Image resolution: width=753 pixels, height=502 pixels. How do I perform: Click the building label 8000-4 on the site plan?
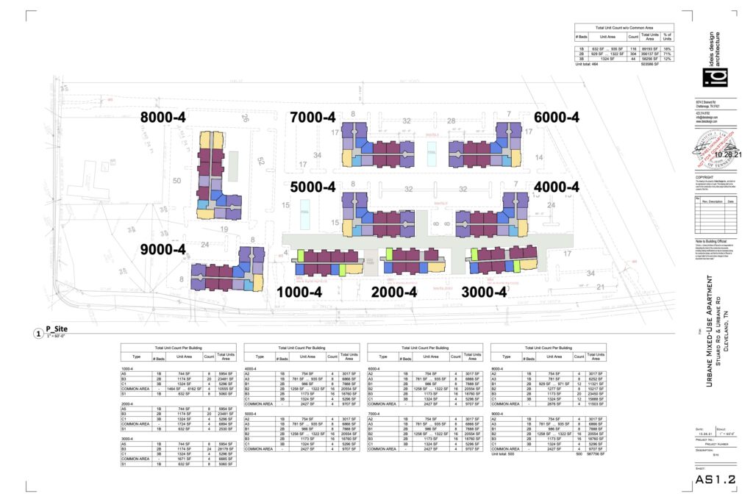[x=163, y=117]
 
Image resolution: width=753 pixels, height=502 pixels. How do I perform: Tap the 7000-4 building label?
[x=313, y=117]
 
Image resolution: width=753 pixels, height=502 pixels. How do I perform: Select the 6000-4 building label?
[x=557, y=117]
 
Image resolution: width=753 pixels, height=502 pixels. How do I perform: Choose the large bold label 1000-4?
[x=299, y=292]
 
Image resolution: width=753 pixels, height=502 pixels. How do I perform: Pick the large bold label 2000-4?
[x=394, y=292]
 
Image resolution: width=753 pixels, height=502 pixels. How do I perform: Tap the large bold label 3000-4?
[x=484, y=292]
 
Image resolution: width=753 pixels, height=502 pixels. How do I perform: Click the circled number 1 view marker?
[x=38, y=332]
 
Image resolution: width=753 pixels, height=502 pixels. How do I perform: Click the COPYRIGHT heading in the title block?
[x=704, y=178]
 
